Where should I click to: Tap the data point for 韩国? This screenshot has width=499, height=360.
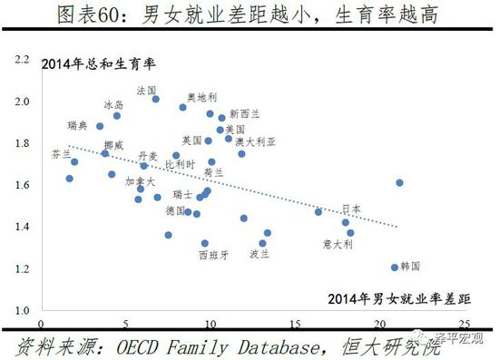coord(395,268)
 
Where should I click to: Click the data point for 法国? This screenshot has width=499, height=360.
coord(156,99)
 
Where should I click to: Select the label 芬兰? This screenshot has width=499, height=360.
coord(61,154)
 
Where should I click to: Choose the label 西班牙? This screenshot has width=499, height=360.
coord(213,255)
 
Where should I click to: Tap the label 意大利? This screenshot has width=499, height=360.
coord(338,244)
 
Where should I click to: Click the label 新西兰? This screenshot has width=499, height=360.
coord(244,113)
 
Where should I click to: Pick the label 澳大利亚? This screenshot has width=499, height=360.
coord(256,142)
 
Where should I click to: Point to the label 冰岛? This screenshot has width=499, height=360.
coord(113,105)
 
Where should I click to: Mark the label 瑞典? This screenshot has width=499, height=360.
coord(78,125)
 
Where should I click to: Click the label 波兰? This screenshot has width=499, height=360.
coord(259,255)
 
